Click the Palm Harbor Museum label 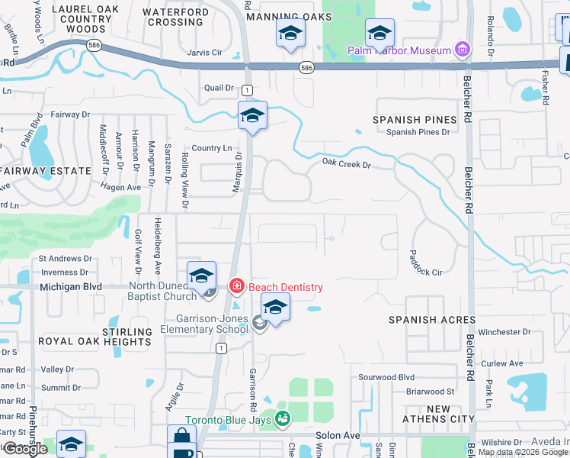point(399,51)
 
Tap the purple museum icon point(461,50)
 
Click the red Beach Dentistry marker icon point(236,287)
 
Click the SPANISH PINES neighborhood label point(415,120)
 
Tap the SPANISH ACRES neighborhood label point(432,320)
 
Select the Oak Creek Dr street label point(346,163)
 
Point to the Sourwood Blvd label point(386,377)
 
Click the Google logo point(25,449)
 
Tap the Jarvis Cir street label point(203,53)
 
